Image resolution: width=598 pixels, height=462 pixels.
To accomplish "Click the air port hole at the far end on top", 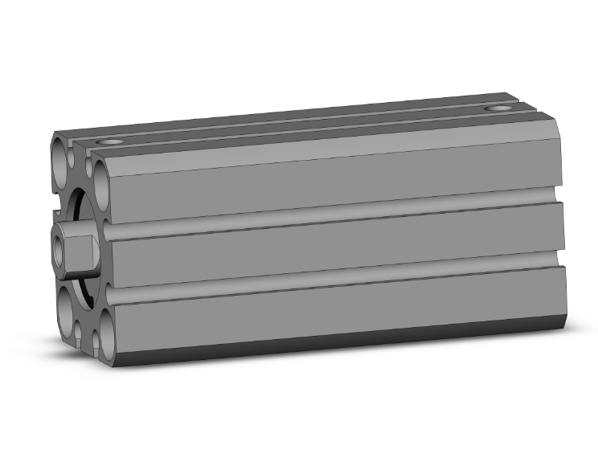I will click(500, 108).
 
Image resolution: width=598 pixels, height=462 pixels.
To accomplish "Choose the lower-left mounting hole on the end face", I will click(66, 306).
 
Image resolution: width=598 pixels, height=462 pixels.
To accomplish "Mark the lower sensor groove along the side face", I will click(338, 283).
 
